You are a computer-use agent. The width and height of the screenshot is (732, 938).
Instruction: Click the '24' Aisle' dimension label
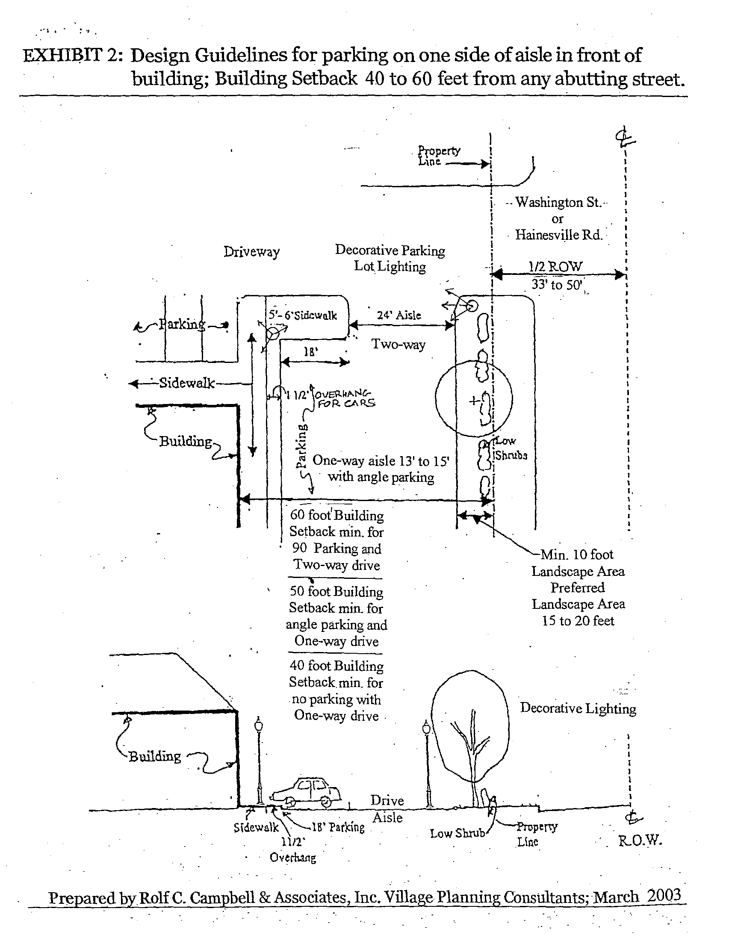(399, 315)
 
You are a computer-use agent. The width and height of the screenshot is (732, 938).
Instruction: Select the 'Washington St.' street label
(558, 202)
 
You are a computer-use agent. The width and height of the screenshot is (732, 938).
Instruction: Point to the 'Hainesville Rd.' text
(558, 235)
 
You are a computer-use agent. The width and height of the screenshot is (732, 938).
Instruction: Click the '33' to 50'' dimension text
(557, 284)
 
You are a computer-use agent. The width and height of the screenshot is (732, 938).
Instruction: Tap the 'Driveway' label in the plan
(251, 252)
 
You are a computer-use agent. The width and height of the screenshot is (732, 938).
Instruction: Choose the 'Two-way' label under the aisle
(398, 345)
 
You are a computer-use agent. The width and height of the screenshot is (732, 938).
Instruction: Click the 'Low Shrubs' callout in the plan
(510, 449)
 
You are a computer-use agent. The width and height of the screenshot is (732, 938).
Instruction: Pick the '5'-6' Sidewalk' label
(303, 315)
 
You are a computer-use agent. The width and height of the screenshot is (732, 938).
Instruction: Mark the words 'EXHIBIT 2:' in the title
(73, 56)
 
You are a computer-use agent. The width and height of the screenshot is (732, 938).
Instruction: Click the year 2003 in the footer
(664, 896)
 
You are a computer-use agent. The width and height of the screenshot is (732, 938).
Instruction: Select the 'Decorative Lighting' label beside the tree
(578, 708)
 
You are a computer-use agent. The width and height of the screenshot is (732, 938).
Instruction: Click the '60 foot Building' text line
(337, 515)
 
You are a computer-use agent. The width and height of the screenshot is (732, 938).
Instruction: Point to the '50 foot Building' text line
(336, 591)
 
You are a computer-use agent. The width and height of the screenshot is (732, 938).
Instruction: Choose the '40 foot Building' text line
(336, 666)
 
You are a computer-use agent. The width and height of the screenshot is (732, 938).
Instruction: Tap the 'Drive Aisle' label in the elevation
(387, 809)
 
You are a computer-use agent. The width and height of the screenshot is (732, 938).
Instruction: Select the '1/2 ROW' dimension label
(555, 267)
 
